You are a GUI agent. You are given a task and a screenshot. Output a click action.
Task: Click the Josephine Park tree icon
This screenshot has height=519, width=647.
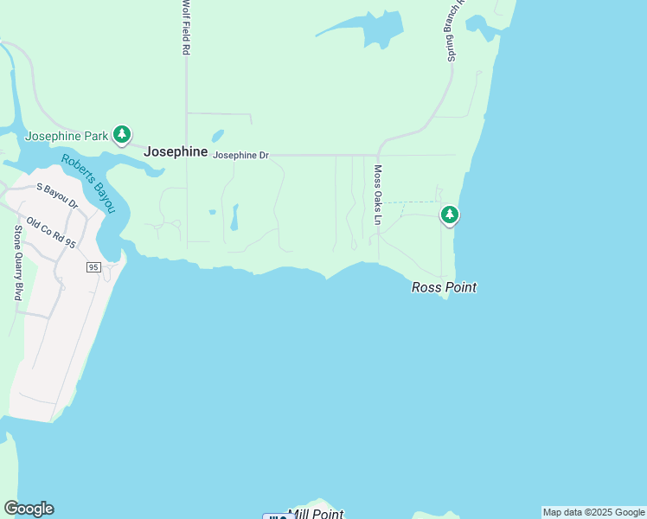[x=123, y=134]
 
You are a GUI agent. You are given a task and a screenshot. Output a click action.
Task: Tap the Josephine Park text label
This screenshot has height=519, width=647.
[x=67, y=136]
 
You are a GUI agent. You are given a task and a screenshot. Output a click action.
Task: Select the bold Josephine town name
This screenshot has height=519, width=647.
[x=176, y=151]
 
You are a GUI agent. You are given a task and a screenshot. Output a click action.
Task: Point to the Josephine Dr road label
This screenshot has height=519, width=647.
[x=241, y=156]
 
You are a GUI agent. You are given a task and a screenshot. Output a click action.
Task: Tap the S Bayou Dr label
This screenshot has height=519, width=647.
[x=57, y=195]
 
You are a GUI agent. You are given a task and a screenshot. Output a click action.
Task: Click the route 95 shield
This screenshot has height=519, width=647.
[x=93, y=267]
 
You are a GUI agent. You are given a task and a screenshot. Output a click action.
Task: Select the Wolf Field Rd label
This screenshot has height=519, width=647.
[x=185, y=28]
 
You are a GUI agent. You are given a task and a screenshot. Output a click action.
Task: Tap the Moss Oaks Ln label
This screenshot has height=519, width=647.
[x=377, y=195]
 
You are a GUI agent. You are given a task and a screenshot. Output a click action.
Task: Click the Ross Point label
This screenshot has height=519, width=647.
[x=444, y=287]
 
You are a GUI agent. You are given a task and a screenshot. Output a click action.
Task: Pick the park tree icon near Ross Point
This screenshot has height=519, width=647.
[x=449, y=215]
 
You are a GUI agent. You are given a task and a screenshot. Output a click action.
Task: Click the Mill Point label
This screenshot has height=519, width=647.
[x=316, y=514]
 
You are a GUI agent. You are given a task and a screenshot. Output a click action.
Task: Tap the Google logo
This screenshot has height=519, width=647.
[x=29, y=509]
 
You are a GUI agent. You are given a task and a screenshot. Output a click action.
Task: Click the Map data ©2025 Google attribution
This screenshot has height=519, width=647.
[x=593, y=512]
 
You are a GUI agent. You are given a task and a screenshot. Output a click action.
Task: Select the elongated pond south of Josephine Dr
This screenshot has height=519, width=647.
[x=234, y=218]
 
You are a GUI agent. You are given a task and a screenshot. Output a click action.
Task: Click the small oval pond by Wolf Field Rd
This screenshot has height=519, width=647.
[x=217, y=137]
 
